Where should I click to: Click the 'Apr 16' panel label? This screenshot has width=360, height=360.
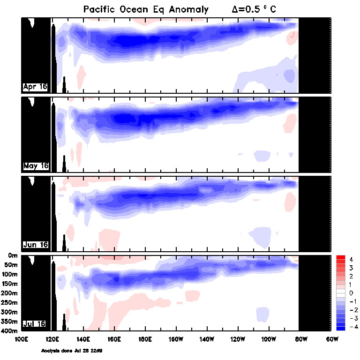pos(36,87)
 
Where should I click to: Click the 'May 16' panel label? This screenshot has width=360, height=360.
pos(36,166)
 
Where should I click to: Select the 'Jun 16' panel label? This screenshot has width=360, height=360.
pos(36,245)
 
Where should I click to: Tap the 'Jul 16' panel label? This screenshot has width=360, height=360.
pos(36,324)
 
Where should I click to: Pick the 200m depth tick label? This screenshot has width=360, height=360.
pos(10,293)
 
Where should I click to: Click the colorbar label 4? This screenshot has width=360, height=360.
pos(351,259)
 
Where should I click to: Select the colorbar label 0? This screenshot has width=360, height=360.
pos(351,293)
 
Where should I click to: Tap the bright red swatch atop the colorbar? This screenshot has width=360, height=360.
pos(341,258)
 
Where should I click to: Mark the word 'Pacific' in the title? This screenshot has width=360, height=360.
pos(99,9)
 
